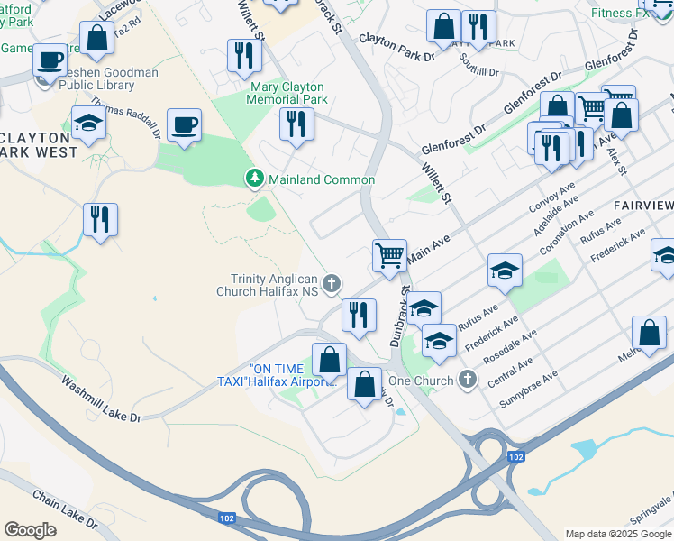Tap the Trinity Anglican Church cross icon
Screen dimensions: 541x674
(x=332, y=285)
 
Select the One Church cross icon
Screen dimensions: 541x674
(x=467, y=381)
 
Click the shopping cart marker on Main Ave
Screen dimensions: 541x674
(x=389, y=255)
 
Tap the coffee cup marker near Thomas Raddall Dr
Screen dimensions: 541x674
(x=184, y=124)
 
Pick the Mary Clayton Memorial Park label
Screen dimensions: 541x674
(x=288, y=94)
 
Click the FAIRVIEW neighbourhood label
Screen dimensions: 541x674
(x=642, y=206)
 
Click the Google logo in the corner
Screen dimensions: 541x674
(x=30, y=529)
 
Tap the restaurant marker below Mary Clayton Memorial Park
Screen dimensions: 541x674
(x=296, y=123)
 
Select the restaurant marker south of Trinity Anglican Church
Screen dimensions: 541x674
(x=359, y=315)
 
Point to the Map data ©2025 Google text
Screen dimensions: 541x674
(x=617, y=534)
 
